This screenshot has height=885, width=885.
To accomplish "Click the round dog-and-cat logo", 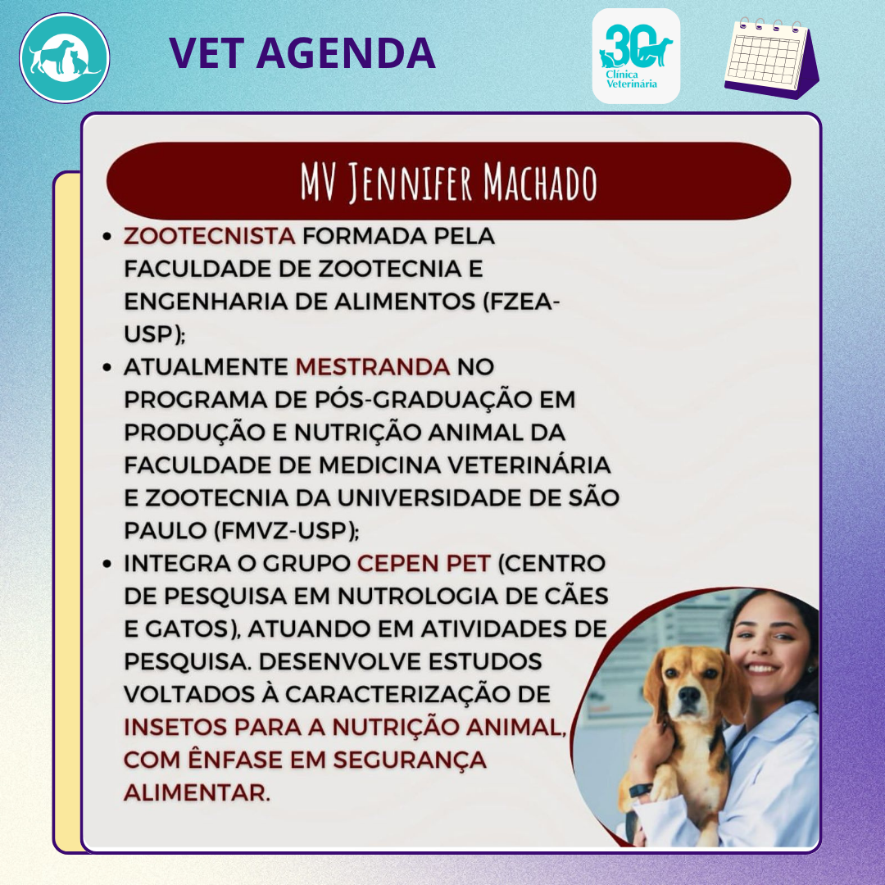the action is pos(65,58).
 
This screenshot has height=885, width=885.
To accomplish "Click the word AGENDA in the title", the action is pos(346,53).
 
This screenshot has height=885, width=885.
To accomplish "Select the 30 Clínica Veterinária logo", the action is pos(636,56).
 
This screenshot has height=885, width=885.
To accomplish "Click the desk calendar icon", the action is pos(772,58).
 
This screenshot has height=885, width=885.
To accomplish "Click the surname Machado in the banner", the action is pos(539,182).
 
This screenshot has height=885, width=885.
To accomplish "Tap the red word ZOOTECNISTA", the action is pos(210,236).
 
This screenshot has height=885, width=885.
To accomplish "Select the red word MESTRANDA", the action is pos(373,367).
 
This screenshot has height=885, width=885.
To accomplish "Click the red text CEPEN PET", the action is pos(424,563).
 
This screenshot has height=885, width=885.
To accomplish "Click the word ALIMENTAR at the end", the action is pos(197,792).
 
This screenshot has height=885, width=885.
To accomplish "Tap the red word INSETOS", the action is pos(175,727).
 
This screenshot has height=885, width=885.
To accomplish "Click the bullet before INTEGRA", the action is pos(107,564).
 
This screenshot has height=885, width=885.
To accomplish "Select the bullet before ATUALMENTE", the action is pos(107,367).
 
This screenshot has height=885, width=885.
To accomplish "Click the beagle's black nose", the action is pos(690,694).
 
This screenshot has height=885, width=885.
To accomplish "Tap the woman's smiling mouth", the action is pos(762,669).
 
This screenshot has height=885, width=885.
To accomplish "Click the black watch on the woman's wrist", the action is pos(640,790).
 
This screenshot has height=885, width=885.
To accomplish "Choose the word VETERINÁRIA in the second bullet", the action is pos(529,465).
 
